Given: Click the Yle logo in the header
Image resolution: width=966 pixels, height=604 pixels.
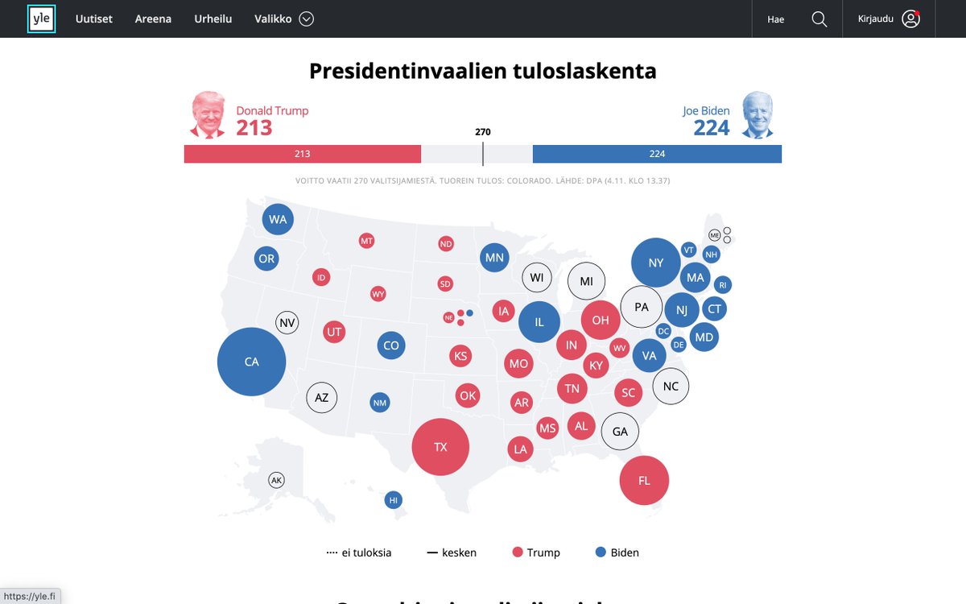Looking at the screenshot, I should (x=41, y=19).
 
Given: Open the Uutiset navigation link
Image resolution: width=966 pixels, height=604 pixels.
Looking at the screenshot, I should (x=94, y=19).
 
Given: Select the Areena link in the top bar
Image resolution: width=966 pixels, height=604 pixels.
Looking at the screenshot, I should (x=153, y=19).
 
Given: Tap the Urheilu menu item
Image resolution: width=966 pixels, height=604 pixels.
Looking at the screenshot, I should (x=213, y=19).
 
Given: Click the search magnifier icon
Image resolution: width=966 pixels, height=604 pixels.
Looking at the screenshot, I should (x=819, y=19).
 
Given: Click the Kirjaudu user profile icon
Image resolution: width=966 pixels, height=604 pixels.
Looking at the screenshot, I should (x=911, y=19).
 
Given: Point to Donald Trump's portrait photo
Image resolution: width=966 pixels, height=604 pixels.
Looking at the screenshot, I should (x=208, y=114).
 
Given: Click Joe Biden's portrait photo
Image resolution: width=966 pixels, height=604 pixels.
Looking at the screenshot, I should (x=757, y=114).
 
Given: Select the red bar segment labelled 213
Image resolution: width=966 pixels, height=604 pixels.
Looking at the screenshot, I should (x=302, y=154).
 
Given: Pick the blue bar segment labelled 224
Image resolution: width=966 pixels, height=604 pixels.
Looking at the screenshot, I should (x=657, y=154).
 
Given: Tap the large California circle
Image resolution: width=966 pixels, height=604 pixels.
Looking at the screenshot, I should (x=252, y=362).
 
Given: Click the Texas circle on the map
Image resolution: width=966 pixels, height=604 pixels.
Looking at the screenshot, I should (x=440, y=447).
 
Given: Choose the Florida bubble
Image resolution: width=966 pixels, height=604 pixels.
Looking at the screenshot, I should (x=644, y=481).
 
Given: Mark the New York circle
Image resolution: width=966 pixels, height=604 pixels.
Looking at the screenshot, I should (x=656, y=263).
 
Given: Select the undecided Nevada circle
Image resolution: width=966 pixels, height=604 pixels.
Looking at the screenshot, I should (x=287, y=323).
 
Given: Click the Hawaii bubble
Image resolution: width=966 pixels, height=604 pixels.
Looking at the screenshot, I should (x=394, y=500).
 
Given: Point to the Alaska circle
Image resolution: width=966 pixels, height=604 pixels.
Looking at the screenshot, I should (x=277, y=481).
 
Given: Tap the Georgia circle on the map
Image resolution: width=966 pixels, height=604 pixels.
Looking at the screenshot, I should (x=620, y=432).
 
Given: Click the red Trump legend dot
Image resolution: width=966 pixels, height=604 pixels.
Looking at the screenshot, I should (x=518, y=552).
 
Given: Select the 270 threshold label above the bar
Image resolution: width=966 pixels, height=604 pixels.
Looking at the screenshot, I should (x=483, y=132).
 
